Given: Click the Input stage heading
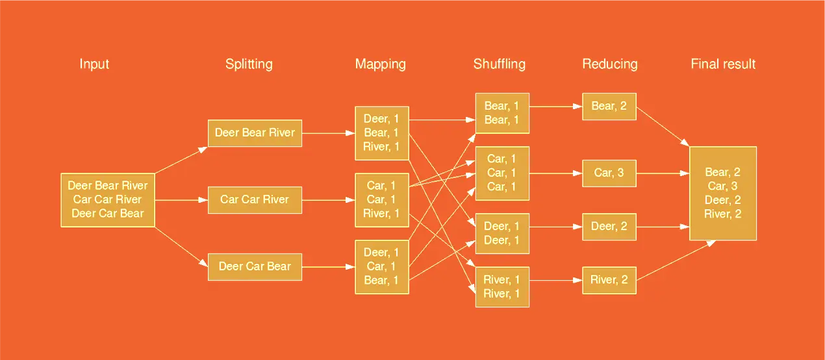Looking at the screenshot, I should point(94,64).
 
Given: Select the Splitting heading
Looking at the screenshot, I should point(249,64).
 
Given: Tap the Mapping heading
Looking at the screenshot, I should point(380,64).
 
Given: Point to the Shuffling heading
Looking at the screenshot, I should point(499,64).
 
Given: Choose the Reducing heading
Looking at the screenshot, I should point(609,64).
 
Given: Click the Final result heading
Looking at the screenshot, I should point(723,64).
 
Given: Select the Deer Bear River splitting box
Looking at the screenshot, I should point(255,133).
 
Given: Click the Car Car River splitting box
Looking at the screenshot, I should point(255,199).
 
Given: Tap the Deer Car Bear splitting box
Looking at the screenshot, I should point(255,266).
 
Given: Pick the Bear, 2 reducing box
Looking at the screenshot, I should point(609,106).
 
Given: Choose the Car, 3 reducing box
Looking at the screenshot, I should point(609,173).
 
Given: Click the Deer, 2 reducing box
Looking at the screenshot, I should point(609,226).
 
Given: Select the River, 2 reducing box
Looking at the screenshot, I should point(609,280).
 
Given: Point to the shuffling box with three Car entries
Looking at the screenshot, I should point(501,173).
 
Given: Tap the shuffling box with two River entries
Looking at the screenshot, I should point(501,287).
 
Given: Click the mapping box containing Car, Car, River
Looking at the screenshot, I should point(381,199).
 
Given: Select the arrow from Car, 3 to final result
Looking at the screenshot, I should point(663,174).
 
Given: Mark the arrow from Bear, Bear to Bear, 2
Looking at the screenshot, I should point(555,106).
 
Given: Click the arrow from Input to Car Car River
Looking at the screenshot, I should point(181,200).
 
